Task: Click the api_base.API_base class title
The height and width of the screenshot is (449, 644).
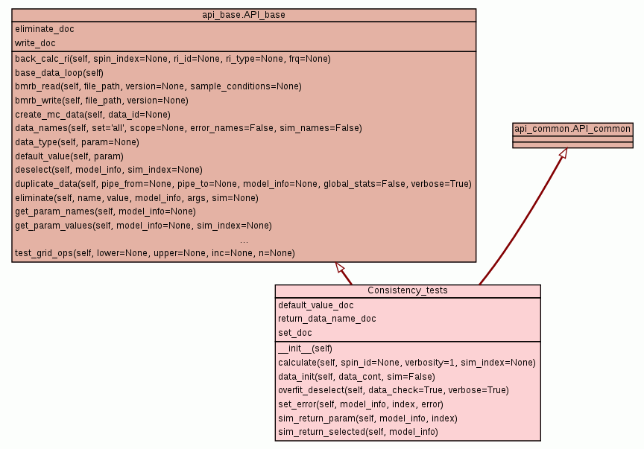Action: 244,15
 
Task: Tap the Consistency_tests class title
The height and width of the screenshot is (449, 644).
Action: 407,290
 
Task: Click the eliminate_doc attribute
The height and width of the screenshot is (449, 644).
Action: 45,29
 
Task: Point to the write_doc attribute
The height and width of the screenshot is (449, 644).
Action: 35,43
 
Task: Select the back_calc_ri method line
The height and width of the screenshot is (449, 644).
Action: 173,59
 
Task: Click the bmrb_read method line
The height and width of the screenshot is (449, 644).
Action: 158,86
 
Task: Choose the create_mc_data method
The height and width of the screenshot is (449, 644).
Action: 92,115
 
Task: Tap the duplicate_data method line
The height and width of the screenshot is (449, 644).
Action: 243,184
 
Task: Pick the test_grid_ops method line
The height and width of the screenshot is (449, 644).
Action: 155,254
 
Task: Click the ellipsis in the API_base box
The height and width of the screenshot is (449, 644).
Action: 244,241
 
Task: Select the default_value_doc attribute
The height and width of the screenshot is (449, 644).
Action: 316,305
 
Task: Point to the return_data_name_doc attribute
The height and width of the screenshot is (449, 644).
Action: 327,319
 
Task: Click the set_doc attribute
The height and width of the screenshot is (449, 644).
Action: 295,333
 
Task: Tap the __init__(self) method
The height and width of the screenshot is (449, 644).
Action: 306,348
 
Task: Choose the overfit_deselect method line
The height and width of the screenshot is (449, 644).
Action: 394,389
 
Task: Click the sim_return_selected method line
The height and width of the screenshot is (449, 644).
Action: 358,432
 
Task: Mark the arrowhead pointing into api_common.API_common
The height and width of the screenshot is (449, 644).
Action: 563,153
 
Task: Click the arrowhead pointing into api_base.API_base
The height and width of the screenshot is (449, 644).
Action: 339,267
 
